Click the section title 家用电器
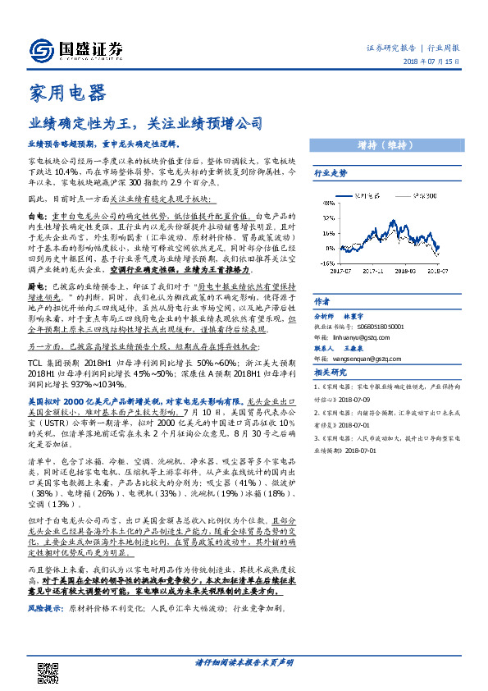[66, 92]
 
